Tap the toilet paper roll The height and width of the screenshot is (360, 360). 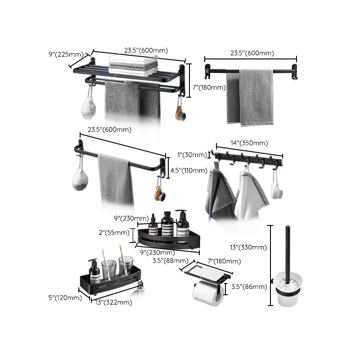click(x=208, y=294)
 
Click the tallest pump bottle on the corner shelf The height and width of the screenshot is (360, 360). click(x=182, y=224)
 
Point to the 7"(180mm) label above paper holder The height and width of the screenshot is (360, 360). click(x=224, y=261)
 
